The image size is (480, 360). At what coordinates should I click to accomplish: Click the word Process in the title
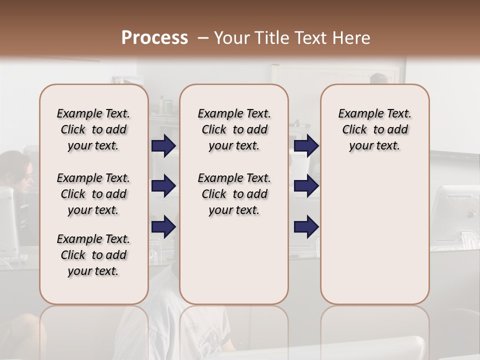[154, 38]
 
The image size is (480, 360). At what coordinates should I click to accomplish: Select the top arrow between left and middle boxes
[163, 146]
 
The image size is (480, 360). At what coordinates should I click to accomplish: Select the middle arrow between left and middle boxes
[163, 186]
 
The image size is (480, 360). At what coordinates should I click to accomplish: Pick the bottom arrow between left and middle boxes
[163, 226]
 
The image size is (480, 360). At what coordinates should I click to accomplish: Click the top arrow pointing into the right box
[306, 146]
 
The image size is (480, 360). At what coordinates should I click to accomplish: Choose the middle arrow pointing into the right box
[306, 186]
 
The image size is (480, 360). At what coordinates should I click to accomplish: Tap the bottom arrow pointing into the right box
[306, 226]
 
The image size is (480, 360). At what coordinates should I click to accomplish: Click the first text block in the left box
[93, 129]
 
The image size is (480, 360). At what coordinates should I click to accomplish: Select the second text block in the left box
[93, 194]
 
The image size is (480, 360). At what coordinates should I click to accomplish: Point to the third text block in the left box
[93, 255]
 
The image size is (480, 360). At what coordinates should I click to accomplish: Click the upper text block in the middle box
[234, 129]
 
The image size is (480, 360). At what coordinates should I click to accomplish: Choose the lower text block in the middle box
[234, 194]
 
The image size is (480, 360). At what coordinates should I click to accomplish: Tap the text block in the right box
[374, 129]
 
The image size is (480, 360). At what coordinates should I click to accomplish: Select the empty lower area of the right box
[374, 235]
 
